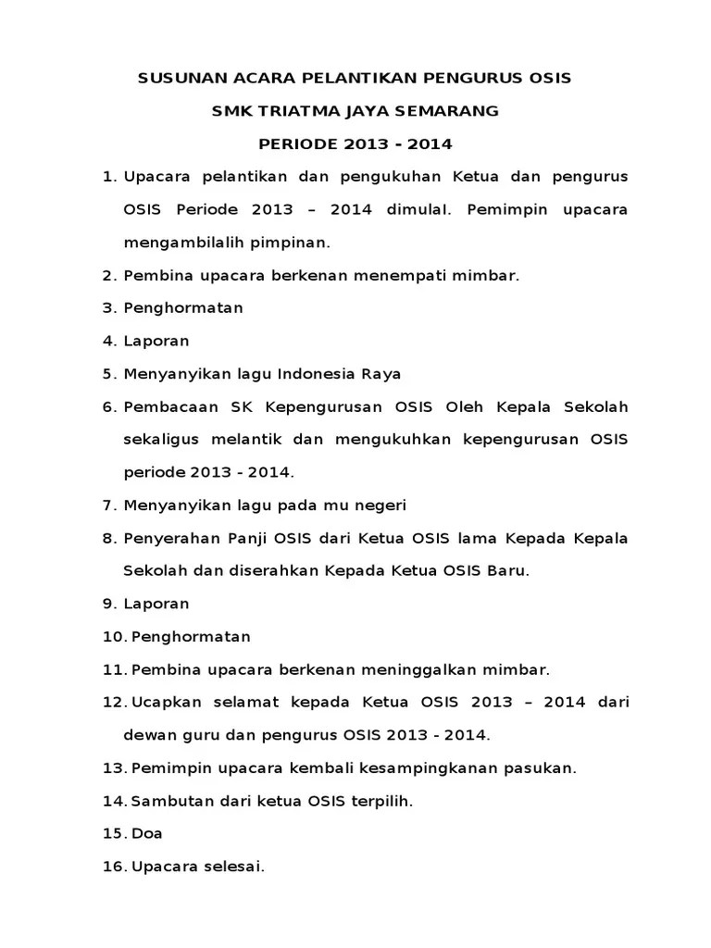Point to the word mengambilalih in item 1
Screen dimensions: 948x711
tap(180, 243)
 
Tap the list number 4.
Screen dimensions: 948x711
tap(106, 341)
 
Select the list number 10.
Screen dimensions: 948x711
tap(113, 637)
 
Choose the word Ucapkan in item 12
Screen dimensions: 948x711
tap(162, 702)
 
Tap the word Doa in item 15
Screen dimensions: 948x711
tap(147, 833)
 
